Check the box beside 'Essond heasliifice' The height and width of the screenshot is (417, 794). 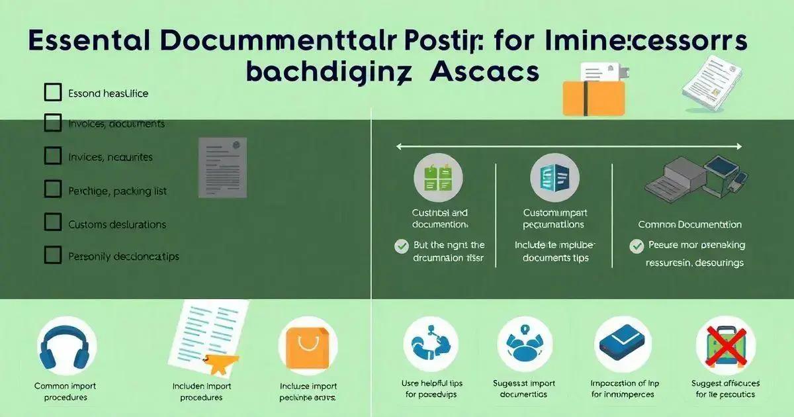click(53, 93)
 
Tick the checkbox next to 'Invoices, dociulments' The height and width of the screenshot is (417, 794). click(53, 123)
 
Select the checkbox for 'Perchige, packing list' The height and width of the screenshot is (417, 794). click(53, 190)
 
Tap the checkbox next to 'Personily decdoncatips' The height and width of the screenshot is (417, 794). click(53, 255)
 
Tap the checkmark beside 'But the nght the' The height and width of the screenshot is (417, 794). click(402, 246)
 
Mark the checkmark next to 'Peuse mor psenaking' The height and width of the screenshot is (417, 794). click(637, 246)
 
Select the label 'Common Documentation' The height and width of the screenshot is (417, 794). click(689, 225)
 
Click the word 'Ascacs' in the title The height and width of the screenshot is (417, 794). click(484, 72)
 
